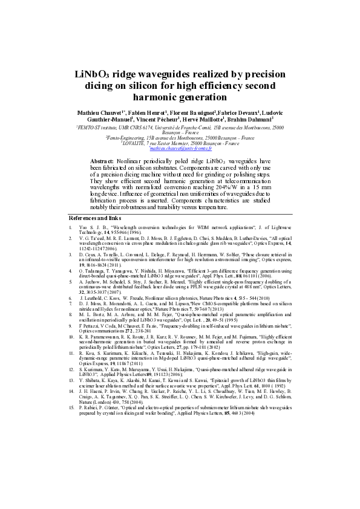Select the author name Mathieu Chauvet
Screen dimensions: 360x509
pyautogui.click(x=100, y=112)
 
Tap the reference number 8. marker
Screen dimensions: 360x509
pyautogui.click(x=71, y=314)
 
